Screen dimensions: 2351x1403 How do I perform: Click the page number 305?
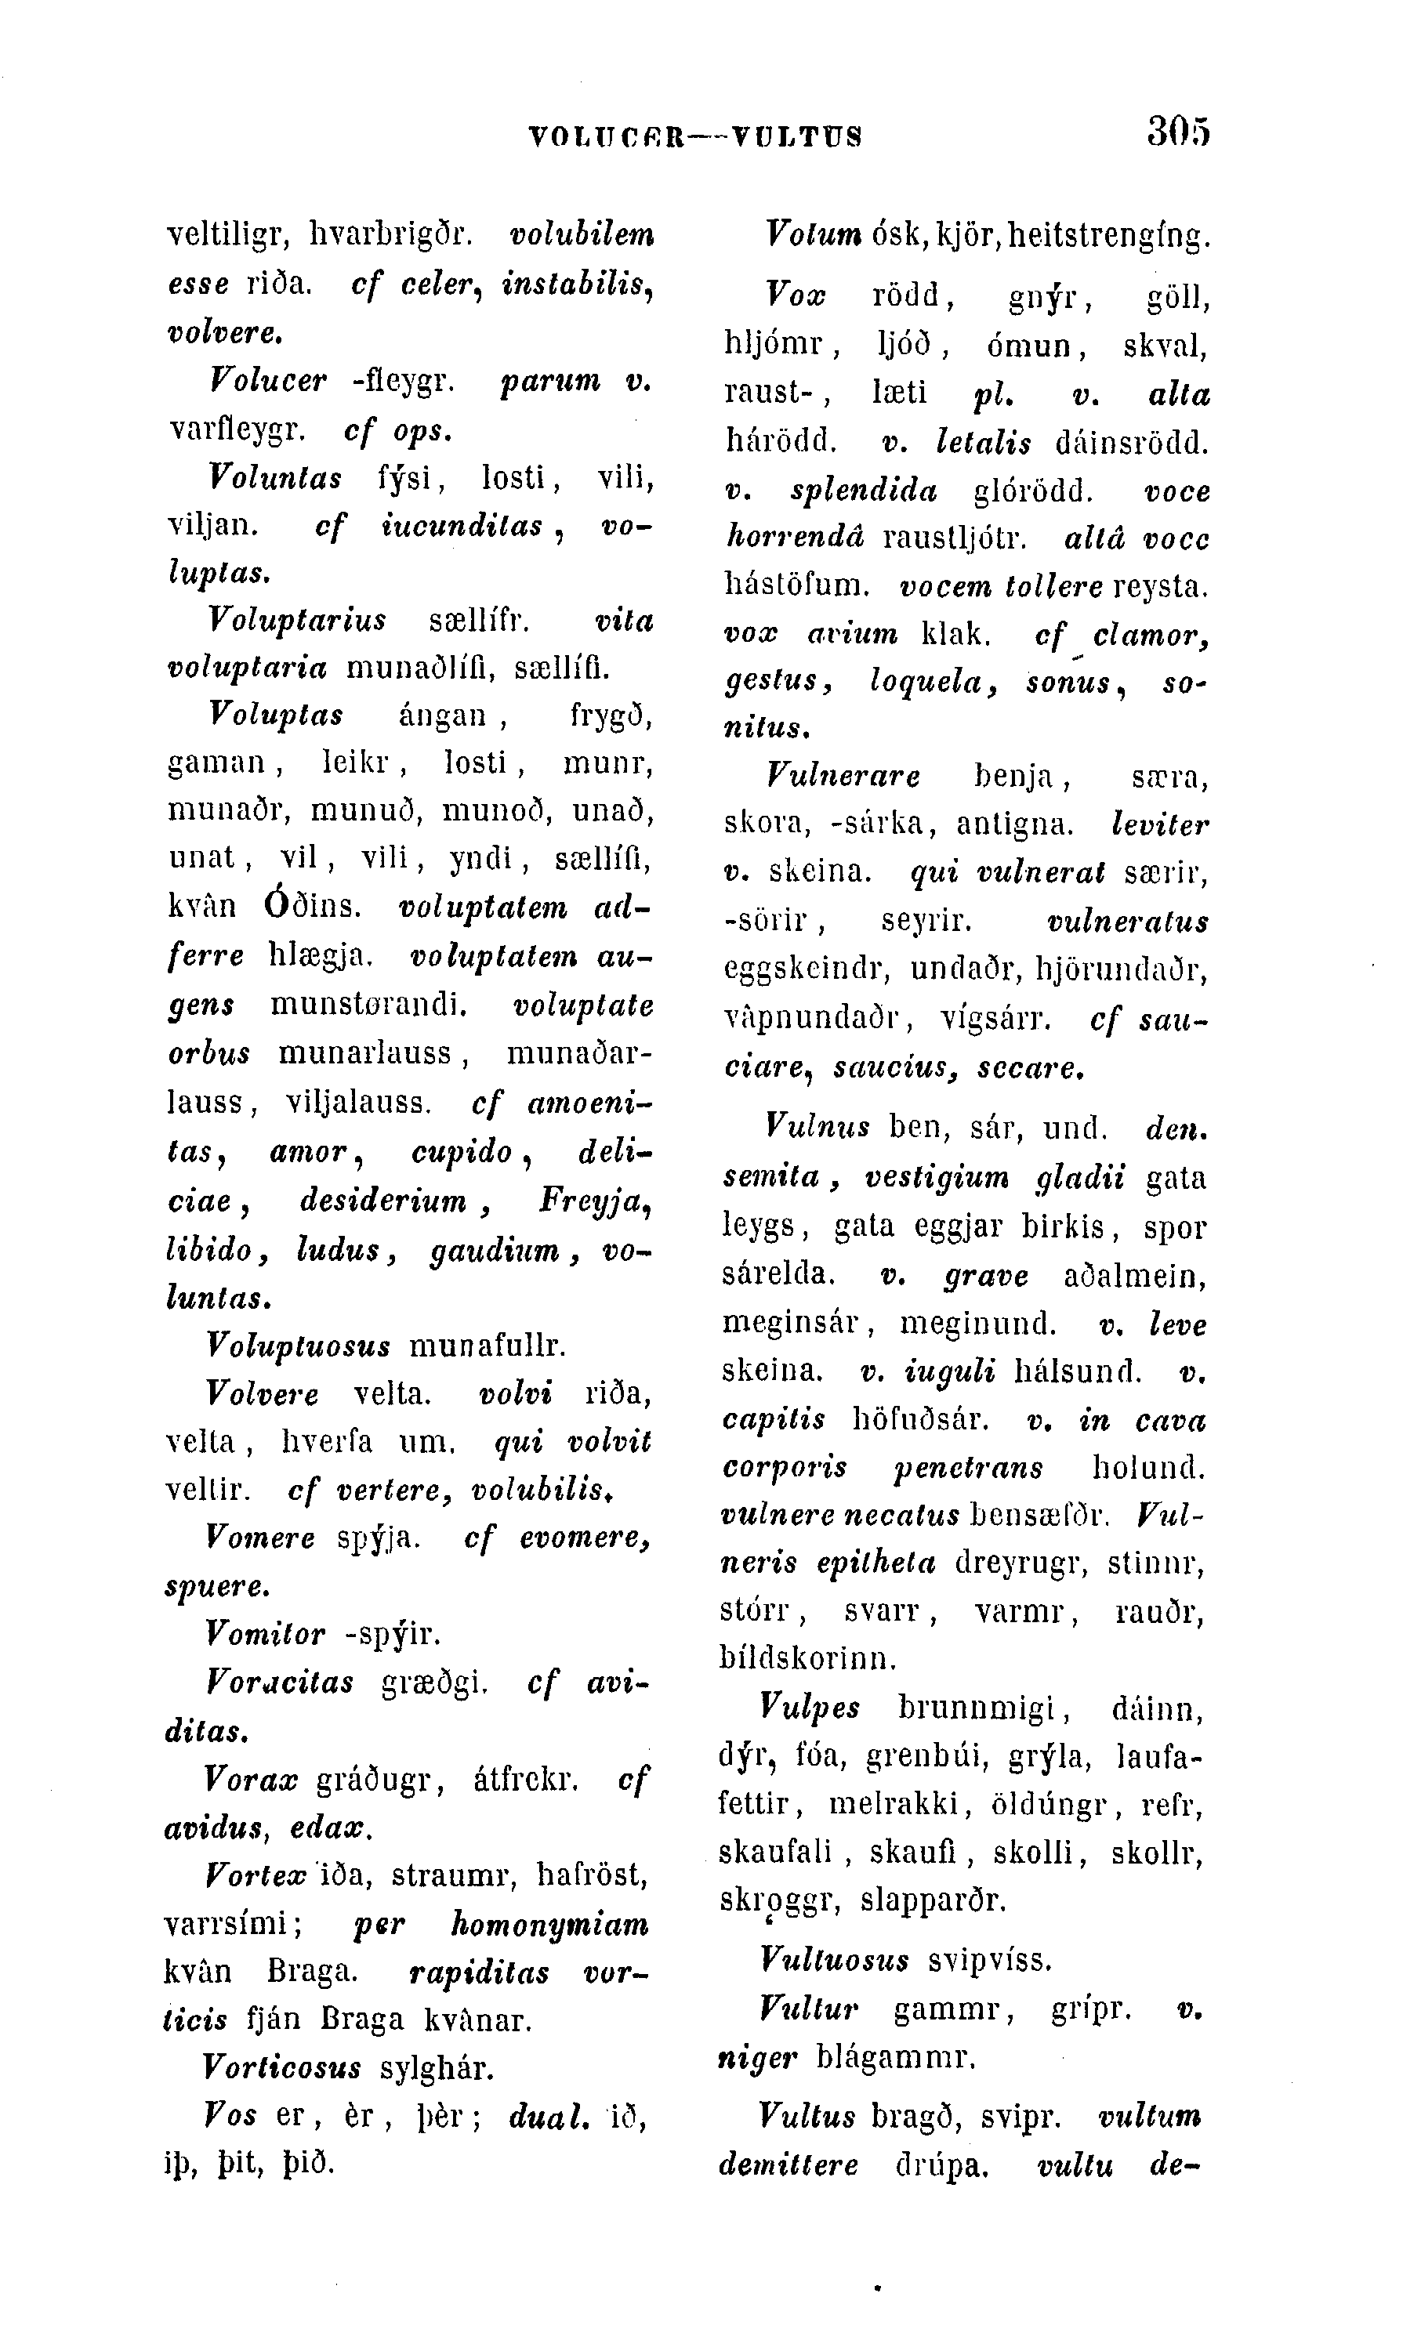point(1178,132)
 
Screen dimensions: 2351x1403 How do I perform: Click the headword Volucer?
point(267,381)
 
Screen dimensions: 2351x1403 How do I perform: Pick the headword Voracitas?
point(279,1683)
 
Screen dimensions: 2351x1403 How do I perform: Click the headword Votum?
point(812,234)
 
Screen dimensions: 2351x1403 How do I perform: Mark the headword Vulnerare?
point(843,777)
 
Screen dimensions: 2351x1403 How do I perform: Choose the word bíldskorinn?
point(807,1658)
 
